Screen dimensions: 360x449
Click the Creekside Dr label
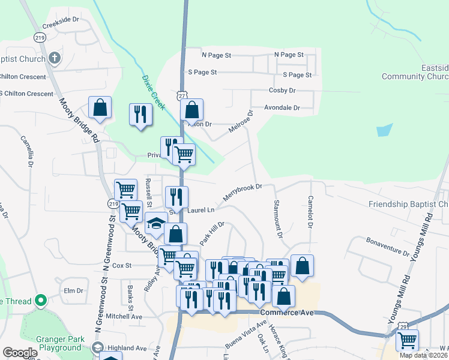[x=61, y=19]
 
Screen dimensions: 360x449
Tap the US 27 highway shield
[x=181, y=96]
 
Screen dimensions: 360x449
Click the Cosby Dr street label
[x=282, y=91]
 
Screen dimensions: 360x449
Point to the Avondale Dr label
[x=280, y=107]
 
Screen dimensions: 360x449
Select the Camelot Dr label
[x=311, y=212]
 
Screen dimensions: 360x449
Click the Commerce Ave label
[x=288, y=313]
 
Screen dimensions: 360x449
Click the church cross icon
[x=55, y=58]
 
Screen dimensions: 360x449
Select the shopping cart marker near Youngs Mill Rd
[x=407, y=341]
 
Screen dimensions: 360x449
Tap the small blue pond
[x=384, y=130]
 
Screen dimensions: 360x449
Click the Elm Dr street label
[x=73, y=290]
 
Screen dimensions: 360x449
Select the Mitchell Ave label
[x=124, y=316]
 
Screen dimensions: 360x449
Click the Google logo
[x=20, y=353]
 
